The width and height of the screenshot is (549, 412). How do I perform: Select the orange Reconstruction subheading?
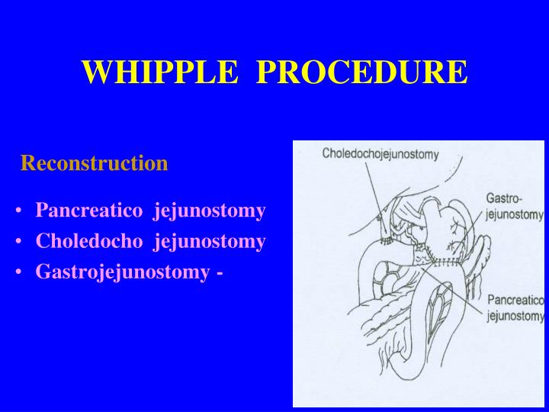[x=94, y=163]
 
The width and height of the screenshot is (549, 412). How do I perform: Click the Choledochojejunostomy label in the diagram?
[x=380, y=154]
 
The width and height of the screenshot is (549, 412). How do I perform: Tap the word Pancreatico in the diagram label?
[x=515, y=301]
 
